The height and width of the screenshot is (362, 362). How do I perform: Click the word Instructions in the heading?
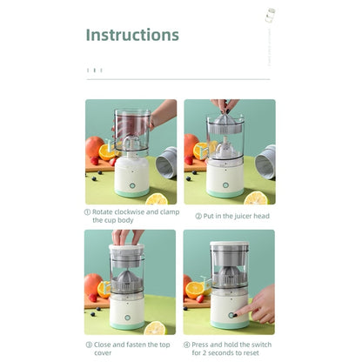point(132,36)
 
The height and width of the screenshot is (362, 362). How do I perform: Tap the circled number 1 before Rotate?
point(88,211)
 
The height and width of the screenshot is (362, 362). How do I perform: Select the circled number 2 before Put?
point(198,216)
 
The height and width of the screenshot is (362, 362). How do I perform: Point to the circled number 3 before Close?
point(88,345)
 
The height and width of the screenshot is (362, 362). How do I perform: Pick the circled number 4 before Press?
point(187,345)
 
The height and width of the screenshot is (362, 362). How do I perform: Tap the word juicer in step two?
point(238,216)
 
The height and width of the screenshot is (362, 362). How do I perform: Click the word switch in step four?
point(258,345)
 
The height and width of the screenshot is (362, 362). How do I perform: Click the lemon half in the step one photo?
point(157,198)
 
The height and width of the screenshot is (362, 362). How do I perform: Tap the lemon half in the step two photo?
point(255,198)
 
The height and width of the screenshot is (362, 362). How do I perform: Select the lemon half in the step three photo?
point(156,327)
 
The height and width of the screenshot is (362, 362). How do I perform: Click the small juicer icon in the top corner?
point(271,17)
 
